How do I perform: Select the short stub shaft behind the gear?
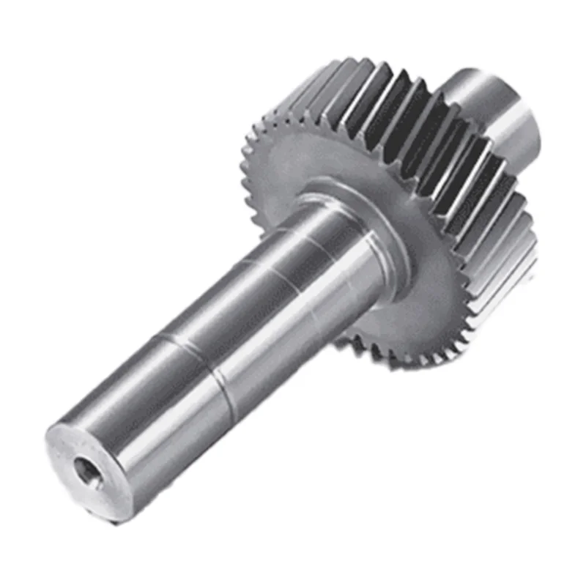coord(491,110)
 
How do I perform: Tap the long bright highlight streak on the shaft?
coord(220,308)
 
